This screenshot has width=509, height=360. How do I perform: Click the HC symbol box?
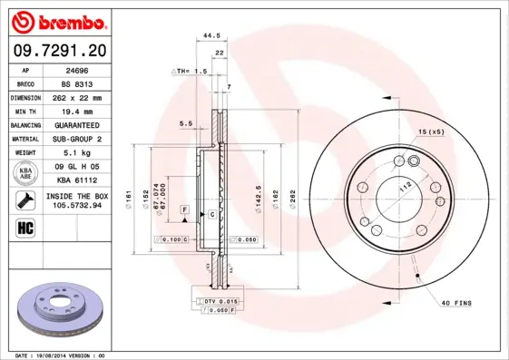point(25,227)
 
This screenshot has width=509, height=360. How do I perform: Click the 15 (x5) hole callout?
point(430,133)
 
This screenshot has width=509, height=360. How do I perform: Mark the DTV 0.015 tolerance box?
point(218,300)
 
